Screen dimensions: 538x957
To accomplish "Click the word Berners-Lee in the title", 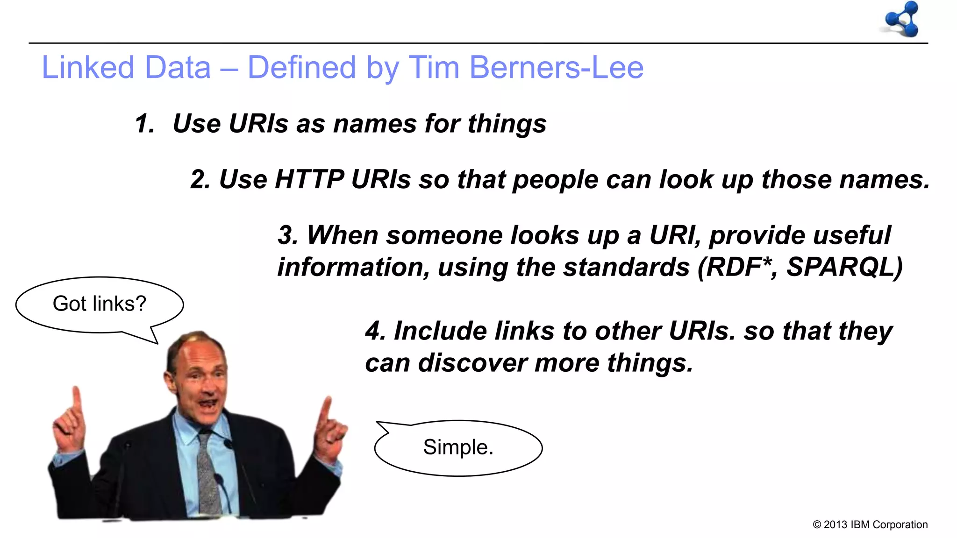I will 556,67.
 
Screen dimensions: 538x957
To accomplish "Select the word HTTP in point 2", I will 309,179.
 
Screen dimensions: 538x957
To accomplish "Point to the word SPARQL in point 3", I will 844,267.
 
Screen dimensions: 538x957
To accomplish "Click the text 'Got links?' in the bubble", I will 100,304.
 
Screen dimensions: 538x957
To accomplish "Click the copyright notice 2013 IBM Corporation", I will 870,524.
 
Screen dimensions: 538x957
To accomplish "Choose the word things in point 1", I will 507,124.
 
